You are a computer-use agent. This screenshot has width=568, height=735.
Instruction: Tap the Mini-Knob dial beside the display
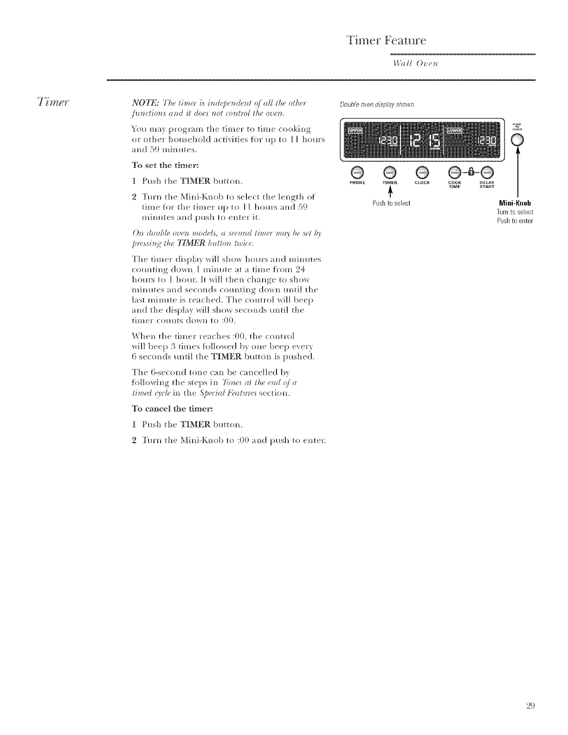pyautogui.click(x=517, y=139)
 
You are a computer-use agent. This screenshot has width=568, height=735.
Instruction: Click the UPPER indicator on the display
pyautogui.click(x=355, y=130)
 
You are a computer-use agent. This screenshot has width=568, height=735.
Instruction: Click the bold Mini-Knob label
pyautogui.click(x=515, y=203)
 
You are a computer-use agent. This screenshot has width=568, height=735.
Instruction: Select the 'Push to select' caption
pyautogui.click(x=392, y=203)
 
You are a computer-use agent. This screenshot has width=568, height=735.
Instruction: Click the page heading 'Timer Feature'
pyautogui.click(x=386, y=40)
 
